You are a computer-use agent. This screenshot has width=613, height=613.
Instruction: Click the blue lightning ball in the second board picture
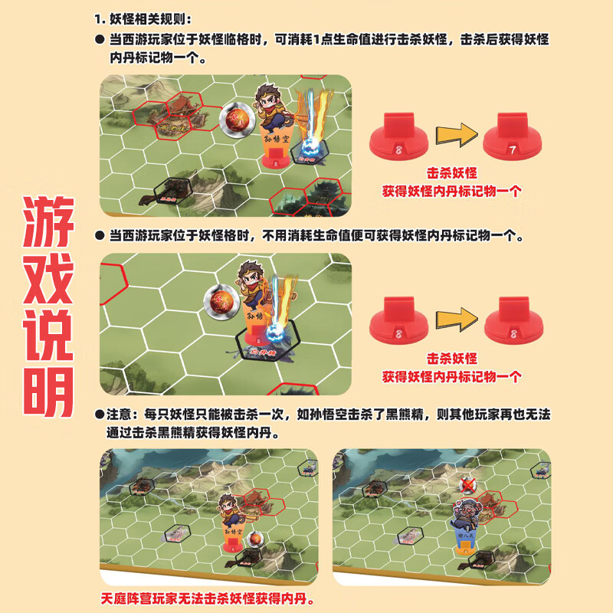click(274, 333)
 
